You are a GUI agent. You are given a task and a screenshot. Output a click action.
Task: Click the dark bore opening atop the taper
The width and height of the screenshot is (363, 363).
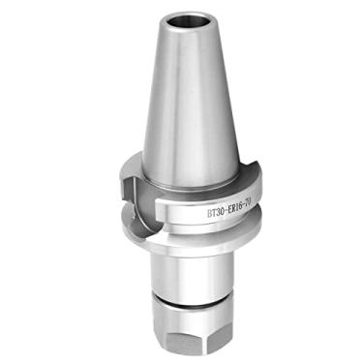[181, 19]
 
